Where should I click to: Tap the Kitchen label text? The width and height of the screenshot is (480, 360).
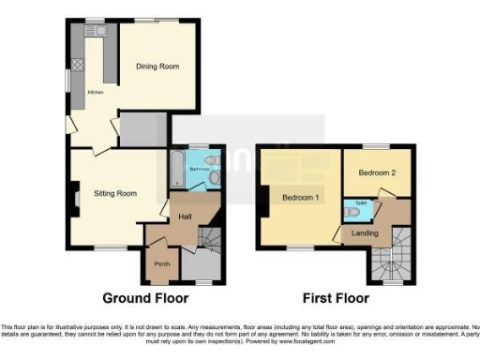coord(95,93)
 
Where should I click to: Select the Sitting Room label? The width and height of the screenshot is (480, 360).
coord(115,194)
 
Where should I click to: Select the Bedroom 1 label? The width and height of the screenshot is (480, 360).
coord(299,198)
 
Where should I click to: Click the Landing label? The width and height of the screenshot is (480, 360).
coord(365,233)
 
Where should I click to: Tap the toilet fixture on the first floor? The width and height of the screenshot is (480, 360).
coord(351,211)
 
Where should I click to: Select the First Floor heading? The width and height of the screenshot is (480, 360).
coord(335,299)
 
